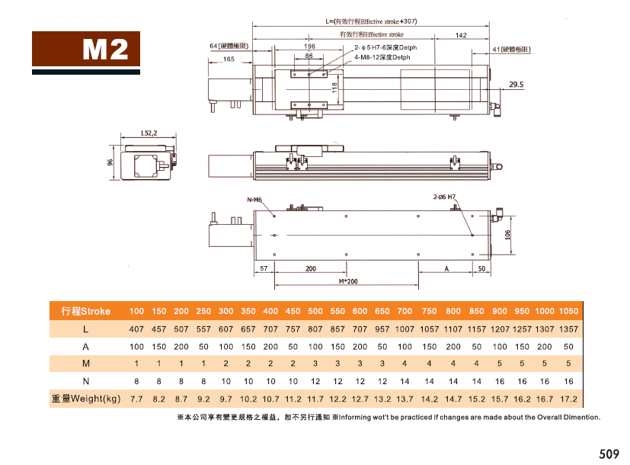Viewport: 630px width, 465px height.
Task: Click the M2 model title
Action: (105, 50)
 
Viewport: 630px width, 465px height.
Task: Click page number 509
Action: (609, 454)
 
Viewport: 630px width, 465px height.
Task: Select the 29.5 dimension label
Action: (516, 85)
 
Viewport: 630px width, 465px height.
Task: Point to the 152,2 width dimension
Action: (149, 133)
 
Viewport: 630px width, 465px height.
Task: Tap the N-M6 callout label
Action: (254, 200)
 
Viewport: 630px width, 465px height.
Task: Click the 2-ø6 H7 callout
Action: (444, 197)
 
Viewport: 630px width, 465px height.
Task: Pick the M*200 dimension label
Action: (348, 281)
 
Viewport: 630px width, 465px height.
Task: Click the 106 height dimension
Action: (507, 235)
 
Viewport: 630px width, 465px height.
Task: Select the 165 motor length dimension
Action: (229, 59)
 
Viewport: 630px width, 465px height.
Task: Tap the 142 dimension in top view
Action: (461, 35)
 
